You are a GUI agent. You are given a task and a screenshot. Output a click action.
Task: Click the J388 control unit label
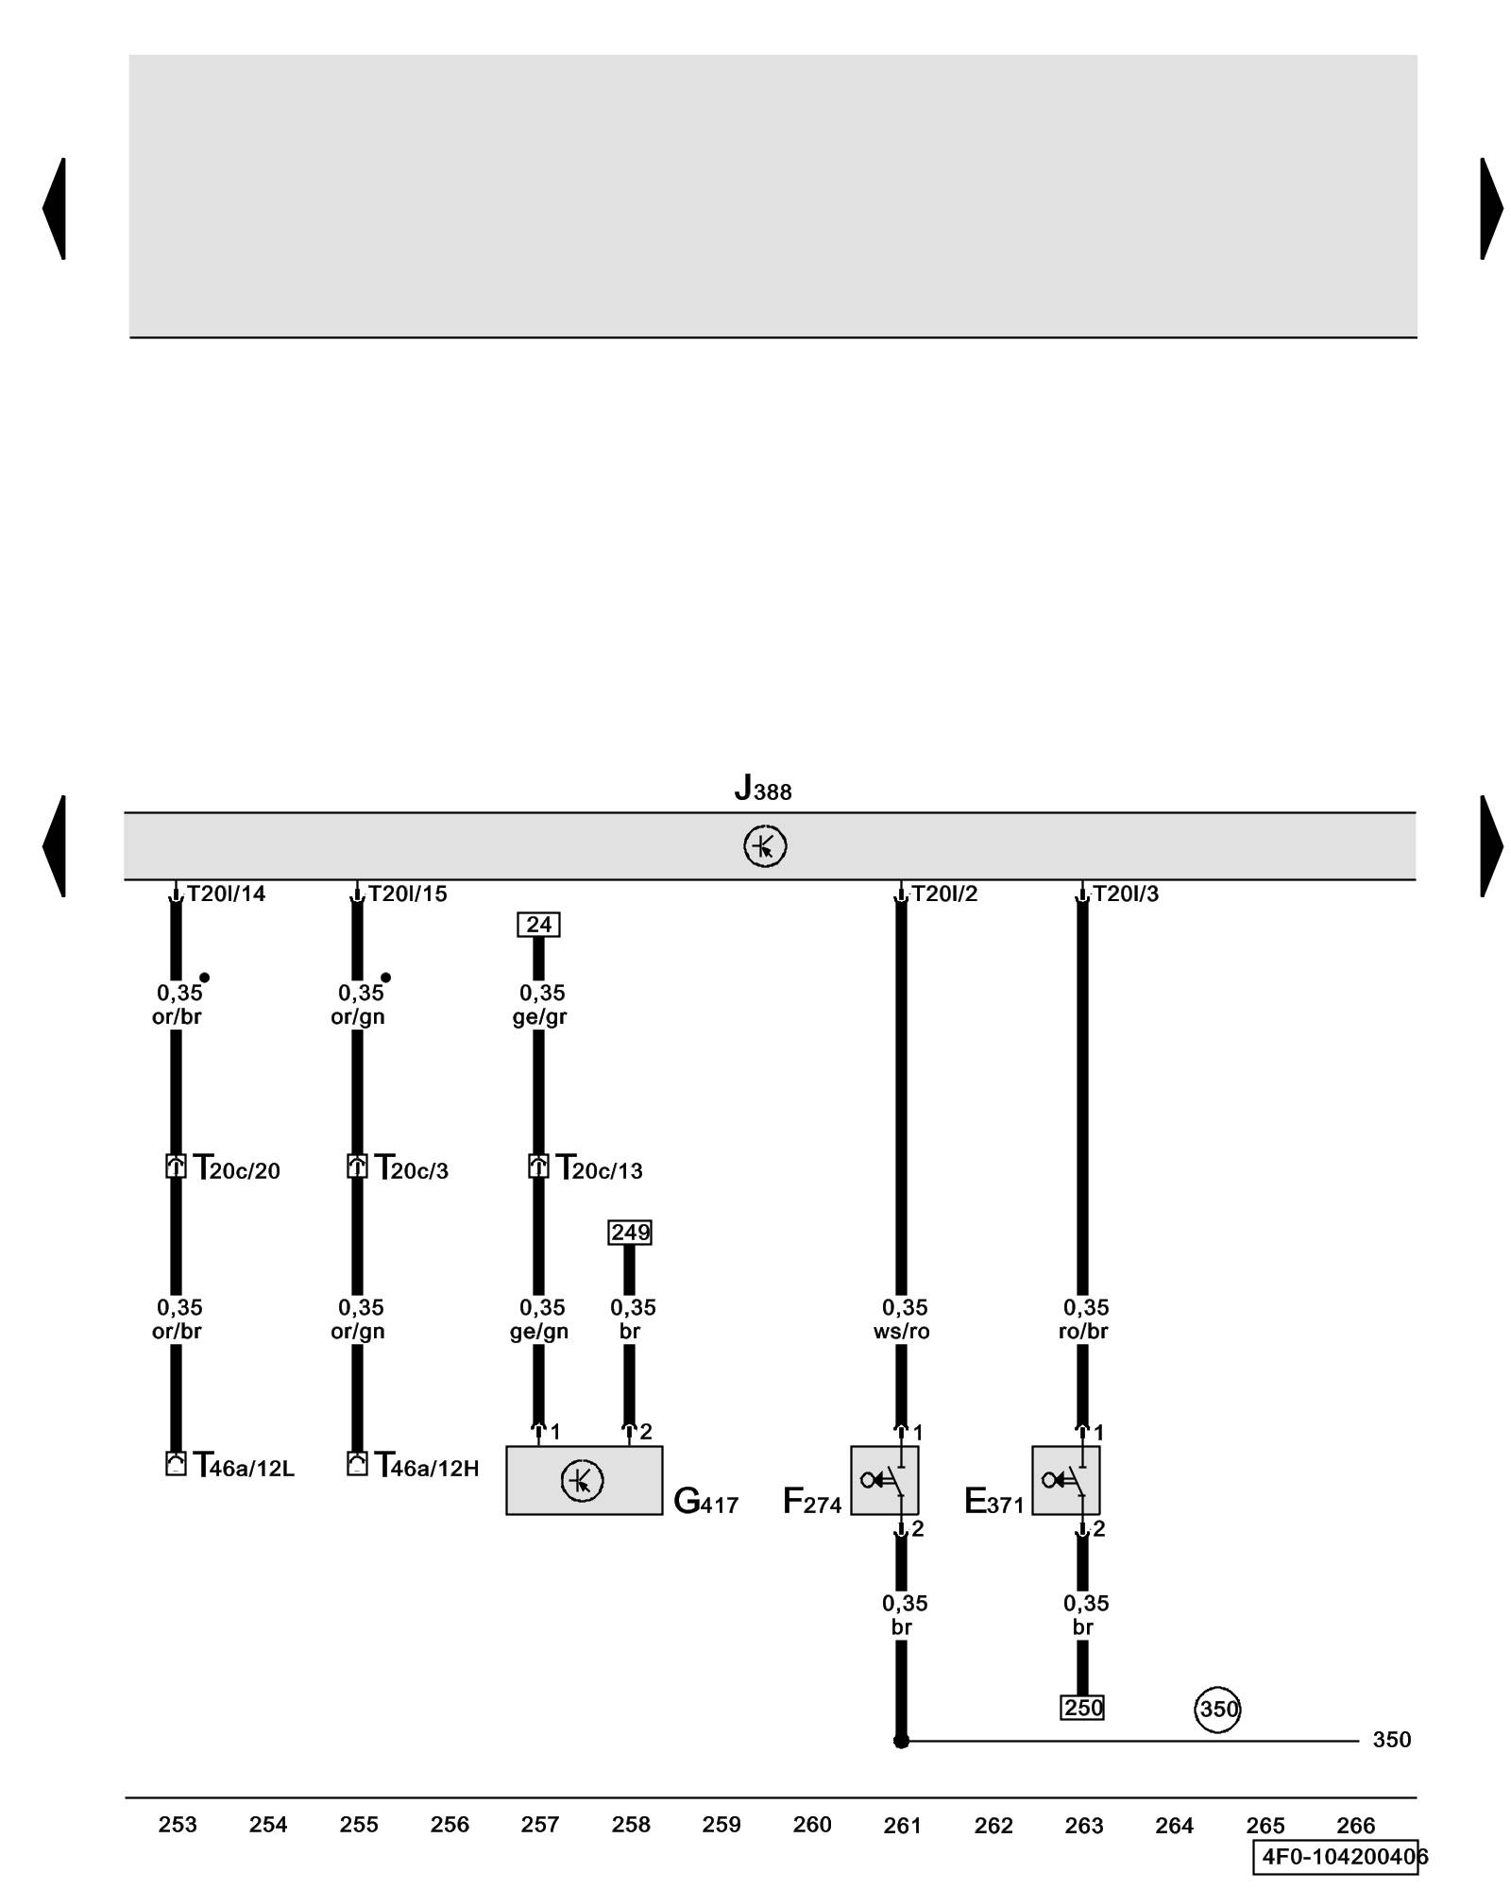coord(763,789)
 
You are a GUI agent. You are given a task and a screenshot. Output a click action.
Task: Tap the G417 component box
coord(584,1480)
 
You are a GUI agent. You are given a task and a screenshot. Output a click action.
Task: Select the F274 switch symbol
coord(884,1480)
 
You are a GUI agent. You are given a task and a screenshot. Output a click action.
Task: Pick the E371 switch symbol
coord(1065,1480)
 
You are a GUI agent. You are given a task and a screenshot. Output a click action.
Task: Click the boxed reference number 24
coord(538,925)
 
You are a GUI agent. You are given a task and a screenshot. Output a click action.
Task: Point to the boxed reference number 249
coord(630,1233)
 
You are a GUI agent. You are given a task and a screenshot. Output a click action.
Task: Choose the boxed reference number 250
coord(1082,1708)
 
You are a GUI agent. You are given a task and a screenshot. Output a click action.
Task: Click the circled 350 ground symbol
coord(1217,1710)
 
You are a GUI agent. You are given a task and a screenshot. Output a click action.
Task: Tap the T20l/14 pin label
coord(226,893)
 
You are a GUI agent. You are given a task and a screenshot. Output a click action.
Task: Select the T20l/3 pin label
coord(1125,893)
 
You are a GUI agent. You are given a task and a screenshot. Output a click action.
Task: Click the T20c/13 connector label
coord(599,1169)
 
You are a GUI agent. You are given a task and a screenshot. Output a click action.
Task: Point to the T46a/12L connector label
coord(244,1467)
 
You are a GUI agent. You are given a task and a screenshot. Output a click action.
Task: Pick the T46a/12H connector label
coord(427,1467)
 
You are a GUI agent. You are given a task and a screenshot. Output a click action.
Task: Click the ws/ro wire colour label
coord(902,1332)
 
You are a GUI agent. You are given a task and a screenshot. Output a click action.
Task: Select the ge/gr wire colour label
coord(539,1017)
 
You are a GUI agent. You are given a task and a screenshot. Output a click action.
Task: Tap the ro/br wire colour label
coord(1083,1332)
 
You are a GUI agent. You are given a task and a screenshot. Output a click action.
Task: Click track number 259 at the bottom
coord(722,1825)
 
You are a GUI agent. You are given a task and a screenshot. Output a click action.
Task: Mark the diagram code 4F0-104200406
coord(1341,1857)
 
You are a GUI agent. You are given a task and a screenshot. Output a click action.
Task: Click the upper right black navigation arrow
coord(1491,209)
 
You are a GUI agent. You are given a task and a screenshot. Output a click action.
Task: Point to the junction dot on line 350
coord(901,1741)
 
